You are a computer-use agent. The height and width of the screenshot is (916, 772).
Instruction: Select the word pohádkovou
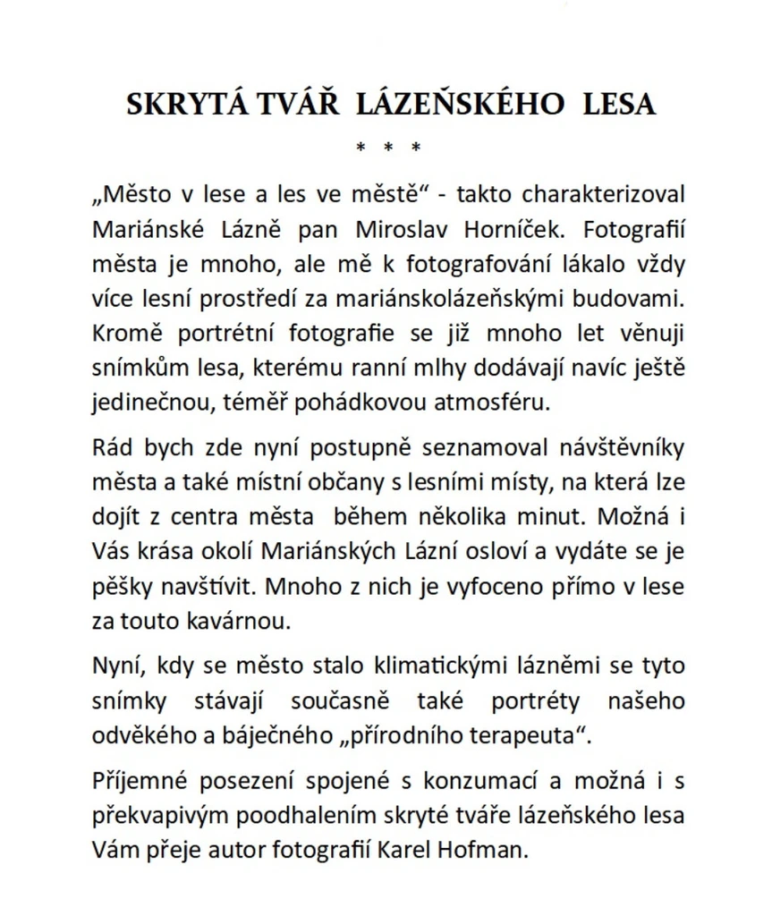pyautogui.click(x=365, y=402)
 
